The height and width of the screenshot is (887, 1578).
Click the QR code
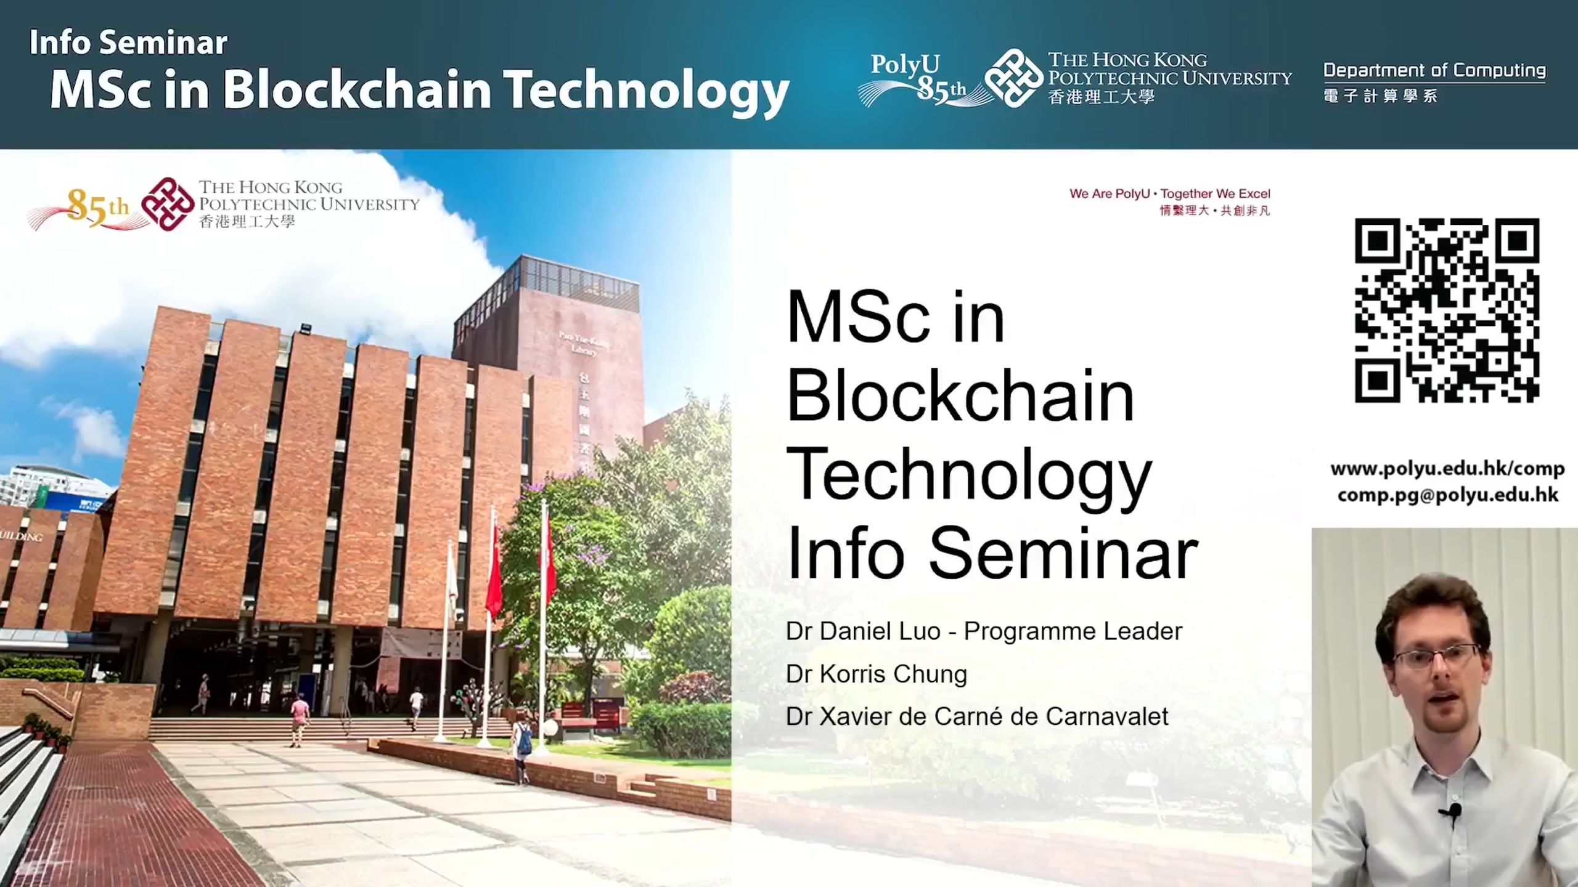tap(1446, 310)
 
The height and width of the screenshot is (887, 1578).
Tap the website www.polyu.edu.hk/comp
tap(1447, 469)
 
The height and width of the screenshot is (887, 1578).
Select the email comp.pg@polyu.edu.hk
tap(1447, 495)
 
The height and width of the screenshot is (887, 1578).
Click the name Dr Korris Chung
tap(876, 674)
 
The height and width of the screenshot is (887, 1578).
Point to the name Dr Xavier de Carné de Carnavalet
tap(977, 716)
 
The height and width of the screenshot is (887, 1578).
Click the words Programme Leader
tap(1073, 631)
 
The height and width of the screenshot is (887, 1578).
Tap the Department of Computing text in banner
tap(1434, 70)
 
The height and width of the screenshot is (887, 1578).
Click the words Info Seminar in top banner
tap(128, 43)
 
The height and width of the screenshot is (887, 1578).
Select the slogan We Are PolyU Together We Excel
tap(1169, 194)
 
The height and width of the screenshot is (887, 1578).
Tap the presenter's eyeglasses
tap(1437, 657)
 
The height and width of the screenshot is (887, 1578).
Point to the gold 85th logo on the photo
tap(92, 207)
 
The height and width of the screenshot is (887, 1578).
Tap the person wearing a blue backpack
tap(522, 748)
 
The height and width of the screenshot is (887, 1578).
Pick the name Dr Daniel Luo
tap(862, 631)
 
